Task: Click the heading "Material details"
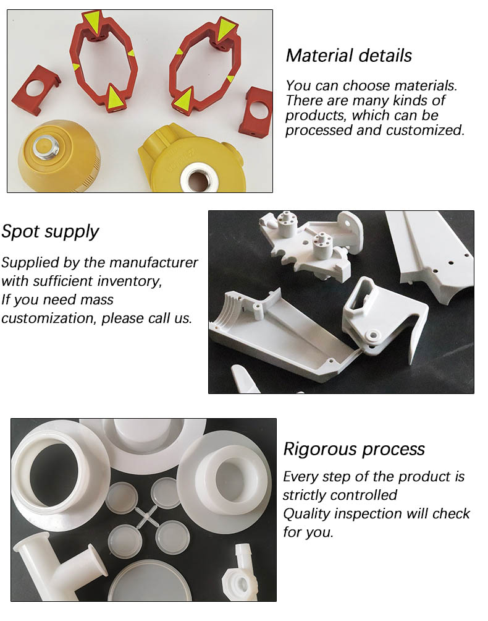(x=348, y=56)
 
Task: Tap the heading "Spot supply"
(x=49, y=232)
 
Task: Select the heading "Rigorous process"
(x=354, y=449)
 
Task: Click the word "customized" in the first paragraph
(x=433, y=130)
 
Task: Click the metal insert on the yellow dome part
(x=44, y=147)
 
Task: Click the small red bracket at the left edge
(x=36, y=90)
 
